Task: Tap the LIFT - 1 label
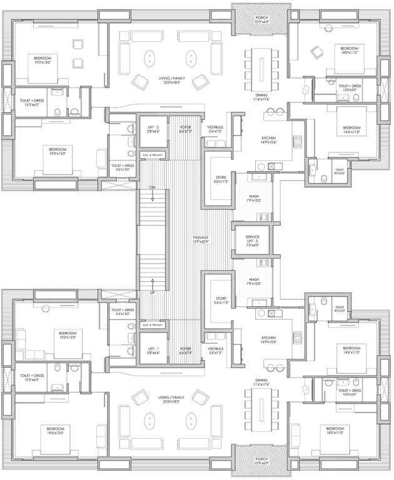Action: (153, 351)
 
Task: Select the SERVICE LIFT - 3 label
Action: (252, 238)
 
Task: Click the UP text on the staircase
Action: (152, 292)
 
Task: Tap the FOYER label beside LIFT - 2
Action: (186, 128)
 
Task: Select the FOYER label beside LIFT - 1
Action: (186, 350)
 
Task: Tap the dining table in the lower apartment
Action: (260, 414)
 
